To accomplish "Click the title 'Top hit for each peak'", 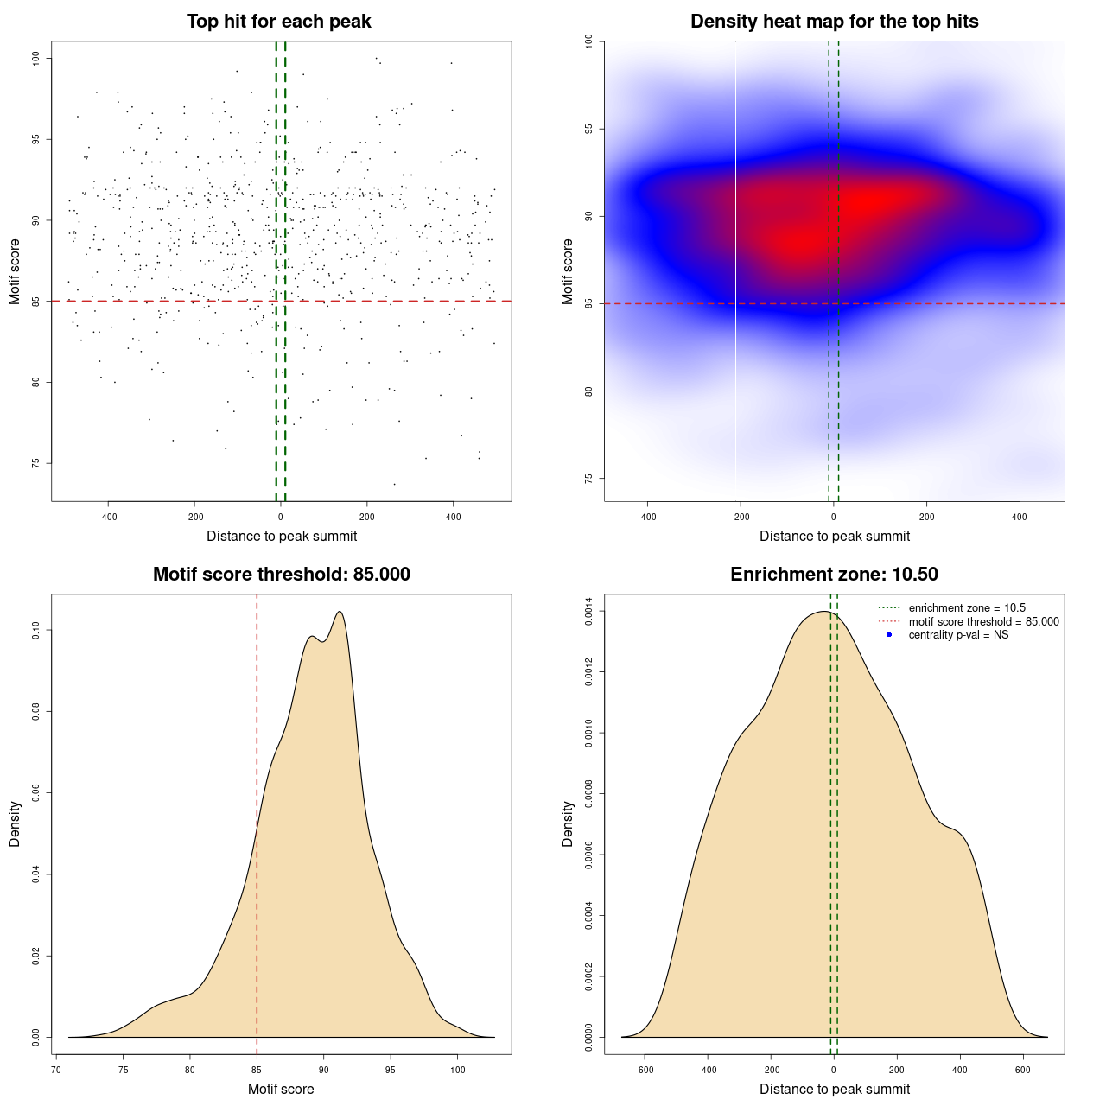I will pyautogui.click(x=278, y=22).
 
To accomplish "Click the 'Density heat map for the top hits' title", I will pyautogui.click(x=834, y=22).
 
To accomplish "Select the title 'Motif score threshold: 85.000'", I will pyautogui.click(x=281, y=575).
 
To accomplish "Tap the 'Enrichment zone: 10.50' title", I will pyautogui.click(x=834, y=575).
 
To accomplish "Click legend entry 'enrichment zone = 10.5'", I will pyautogui.click(x=967, y=608).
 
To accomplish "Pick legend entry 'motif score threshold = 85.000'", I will pyautogui.click(x=983, y=622).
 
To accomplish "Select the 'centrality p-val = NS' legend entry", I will pyautogui.click(x=958, y=635).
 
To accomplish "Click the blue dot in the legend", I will pyautogui.click(x=889, y=635).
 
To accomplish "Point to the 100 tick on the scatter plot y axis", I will pyautogui.click(x=36, y=58).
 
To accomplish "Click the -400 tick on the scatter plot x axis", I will pyautogui.click(x=108, y=517).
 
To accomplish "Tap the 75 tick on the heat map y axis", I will pyautogui.click(x=589, y=479).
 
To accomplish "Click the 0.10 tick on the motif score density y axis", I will pyautogui.click(x=36, y=631).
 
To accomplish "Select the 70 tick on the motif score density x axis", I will pyautogui.click(x=56, y=1070).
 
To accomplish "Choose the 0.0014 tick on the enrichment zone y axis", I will pyautogui.click(x=589, y=612).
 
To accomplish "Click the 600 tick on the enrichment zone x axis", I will pyautogui.click(x=1023, y=1070).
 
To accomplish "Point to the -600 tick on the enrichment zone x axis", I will pyautogui.click(x=645, y=1070).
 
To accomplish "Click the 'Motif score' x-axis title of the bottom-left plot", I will pyautogui.click(x=281, y=1090).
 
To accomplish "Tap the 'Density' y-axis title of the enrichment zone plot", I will pyautogui.click(x=568, y=823).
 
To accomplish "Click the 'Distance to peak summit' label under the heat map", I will pyautogui.click(x=834, y=537).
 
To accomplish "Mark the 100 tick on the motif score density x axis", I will pyautogui.click(x=457, y=1070).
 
